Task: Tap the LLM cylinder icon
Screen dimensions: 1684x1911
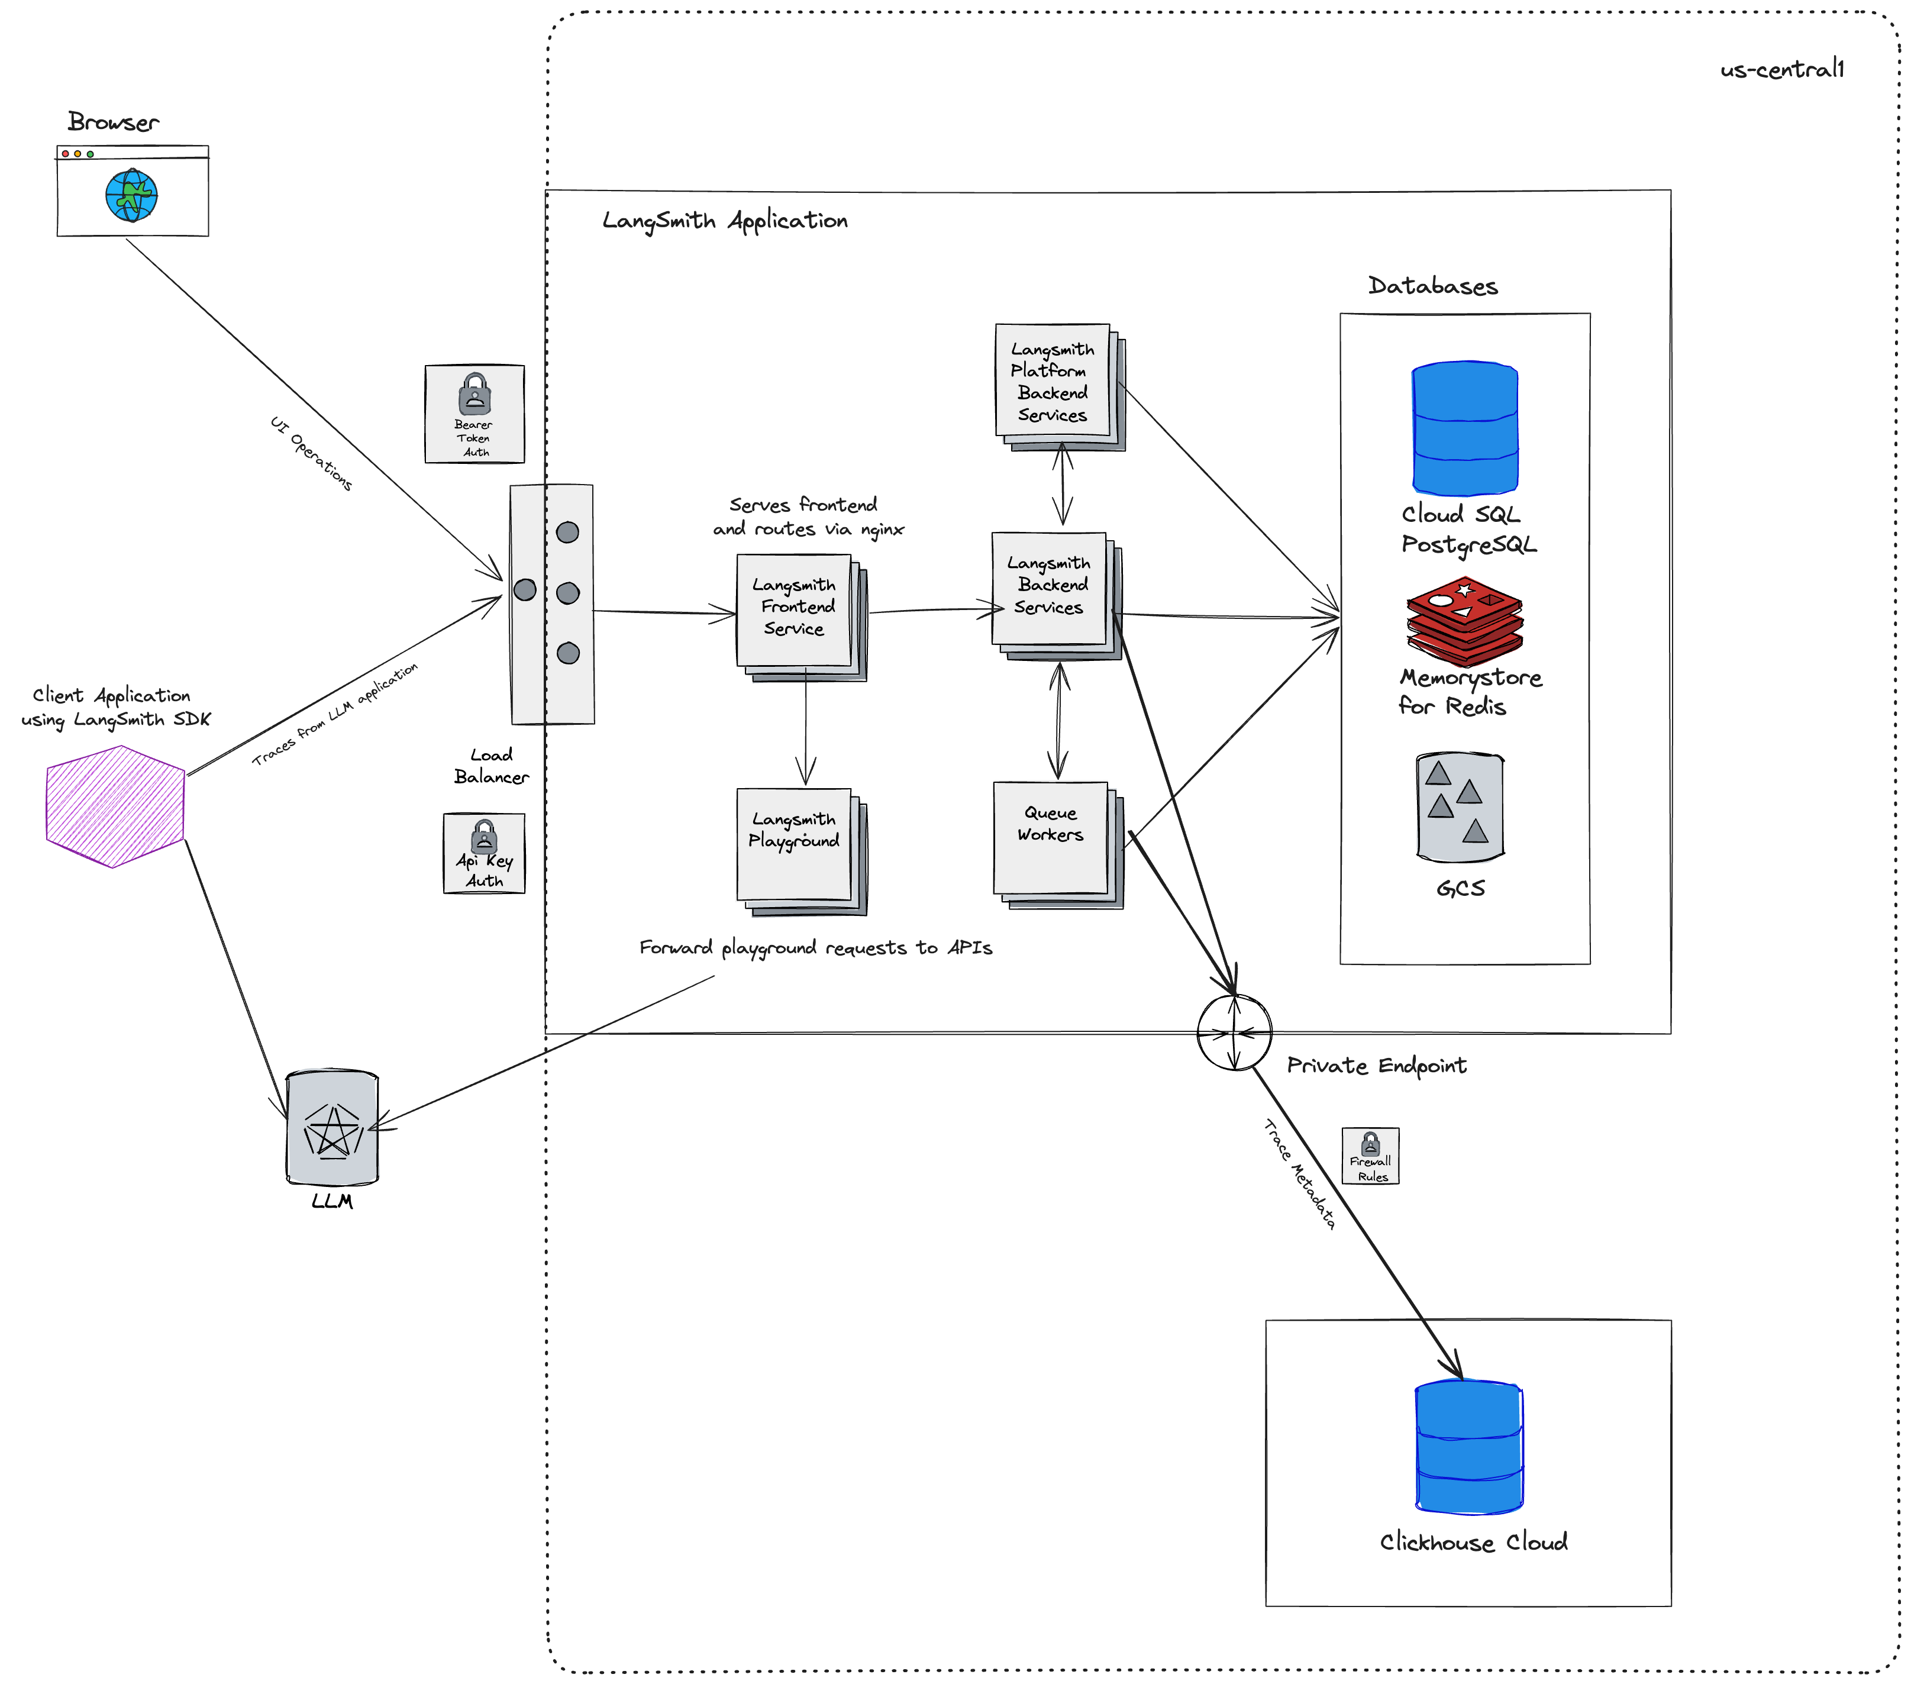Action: point(332,1128)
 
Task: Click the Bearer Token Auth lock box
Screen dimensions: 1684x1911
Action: point(474,413)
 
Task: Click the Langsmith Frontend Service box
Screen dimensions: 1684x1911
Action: point(795,609)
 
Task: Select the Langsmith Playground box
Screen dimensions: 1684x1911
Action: point(795,844)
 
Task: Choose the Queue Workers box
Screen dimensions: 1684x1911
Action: point(1051,838)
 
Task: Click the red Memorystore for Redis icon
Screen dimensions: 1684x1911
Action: point(1464,620)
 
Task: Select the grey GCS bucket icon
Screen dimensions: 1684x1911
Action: point(1460,806)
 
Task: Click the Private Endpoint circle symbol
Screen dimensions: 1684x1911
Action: point(1234,1033)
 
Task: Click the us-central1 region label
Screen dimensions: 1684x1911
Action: point(1782,69)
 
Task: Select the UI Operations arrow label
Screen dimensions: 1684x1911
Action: point(311,453)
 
